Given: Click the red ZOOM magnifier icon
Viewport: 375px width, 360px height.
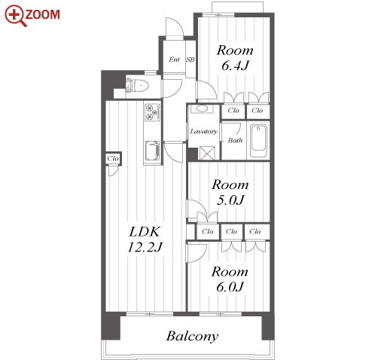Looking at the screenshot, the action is coord(16,15).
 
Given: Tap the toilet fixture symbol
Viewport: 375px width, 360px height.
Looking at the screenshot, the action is coord(138,85).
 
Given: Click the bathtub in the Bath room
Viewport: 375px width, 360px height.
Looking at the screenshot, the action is coord(258,140).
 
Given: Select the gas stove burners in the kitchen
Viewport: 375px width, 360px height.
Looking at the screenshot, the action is coord(152,111).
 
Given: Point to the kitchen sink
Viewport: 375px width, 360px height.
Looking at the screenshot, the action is coord(152,151).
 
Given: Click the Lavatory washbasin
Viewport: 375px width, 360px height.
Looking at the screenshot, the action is coord(202,108).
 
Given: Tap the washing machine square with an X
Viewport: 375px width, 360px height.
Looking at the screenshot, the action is coord(207,153).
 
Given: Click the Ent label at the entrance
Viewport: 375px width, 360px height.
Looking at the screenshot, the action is coord(174,59).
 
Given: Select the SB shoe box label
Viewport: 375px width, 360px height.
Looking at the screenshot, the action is coord(191,59).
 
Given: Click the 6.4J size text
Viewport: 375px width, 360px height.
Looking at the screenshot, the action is coord(235,66).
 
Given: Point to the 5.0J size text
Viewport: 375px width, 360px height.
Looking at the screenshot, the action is coord(230,200).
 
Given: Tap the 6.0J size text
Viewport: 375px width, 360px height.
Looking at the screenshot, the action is coord(230,287).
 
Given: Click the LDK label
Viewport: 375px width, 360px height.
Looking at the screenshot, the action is coord(145,231).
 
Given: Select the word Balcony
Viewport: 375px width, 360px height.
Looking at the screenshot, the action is coord(192,337).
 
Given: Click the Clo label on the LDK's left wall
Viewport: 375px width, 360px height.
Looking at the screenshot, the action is coord(113,158).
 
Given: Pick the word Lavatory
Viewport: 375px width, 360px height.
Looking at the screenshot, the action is coord(203,131).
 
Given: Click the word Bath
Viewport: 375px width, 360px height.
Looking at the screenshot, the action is coord(235,140).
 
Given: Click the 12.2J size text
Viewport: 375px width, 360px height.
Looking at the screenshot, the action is coord(145,247).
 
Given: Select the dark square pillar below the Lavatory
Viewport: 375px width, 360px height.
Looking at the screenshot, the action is coord(193,154).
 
